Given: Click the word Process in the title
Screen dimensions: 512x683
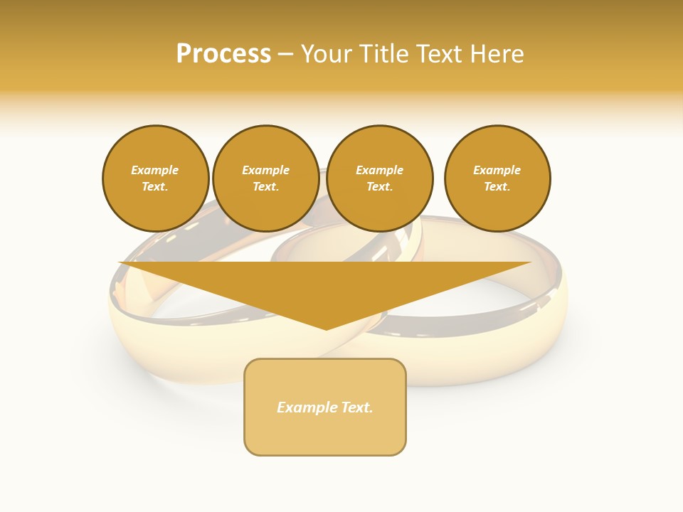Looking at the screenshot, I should (223, 54).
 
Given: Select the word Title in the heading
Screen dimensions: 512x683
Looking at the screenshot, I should (381, 54).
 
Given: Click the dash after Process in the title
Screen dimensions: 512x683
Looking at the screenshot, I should (285, 55).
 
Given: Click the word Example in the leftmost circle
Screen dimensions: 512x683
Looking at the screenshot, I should (155, 170).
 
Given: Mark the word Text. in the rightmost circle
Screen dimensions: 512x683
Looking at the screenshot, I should (497, 186).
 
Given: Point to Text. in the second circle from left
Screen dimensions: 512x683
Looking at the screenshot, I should (265, 186).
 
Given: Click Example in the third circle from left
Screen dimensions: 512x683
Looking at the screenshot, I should (379, 170).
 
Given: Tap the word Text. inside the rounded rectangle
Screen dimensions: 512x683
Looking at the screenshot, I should (356, 407).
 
